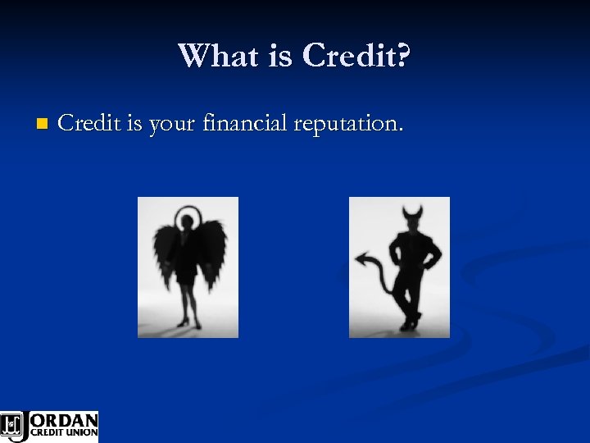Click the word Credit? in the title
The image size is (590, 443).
(x=357, y=56)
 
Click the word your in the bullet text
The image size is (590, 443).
(x=195, y=126)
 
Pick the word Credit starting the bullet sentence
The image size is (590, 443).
(x=91, y=124)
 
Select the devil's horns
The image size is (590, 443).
(x=411, y=216)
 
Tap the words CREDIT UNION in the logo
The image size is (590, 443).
(x=64, y=433)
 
